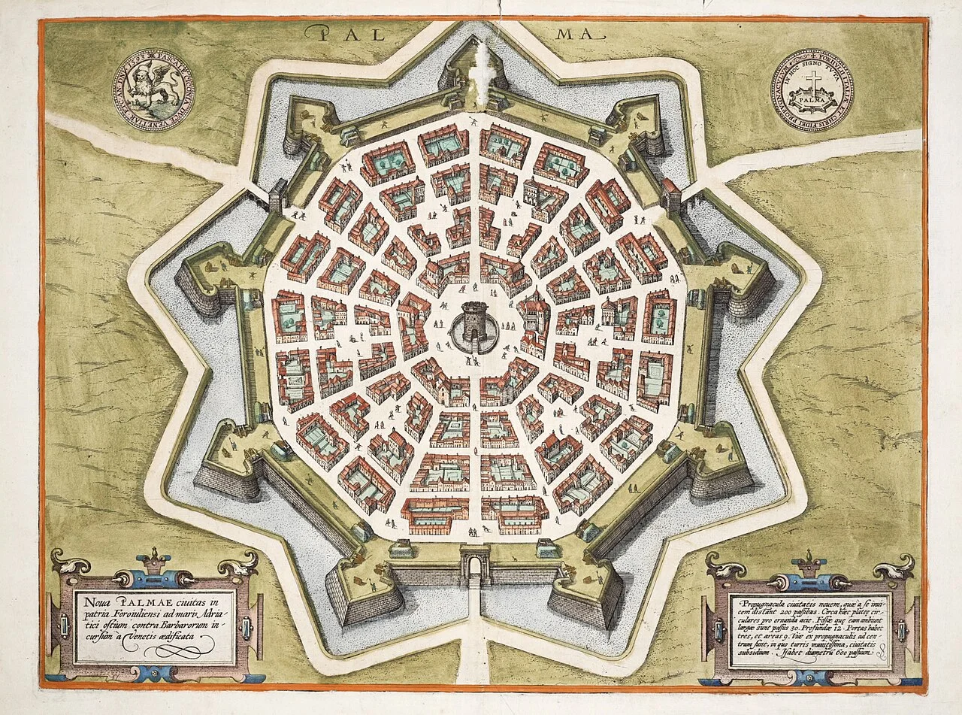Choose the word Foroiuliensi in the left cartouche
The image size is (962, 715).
[143, 612]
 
